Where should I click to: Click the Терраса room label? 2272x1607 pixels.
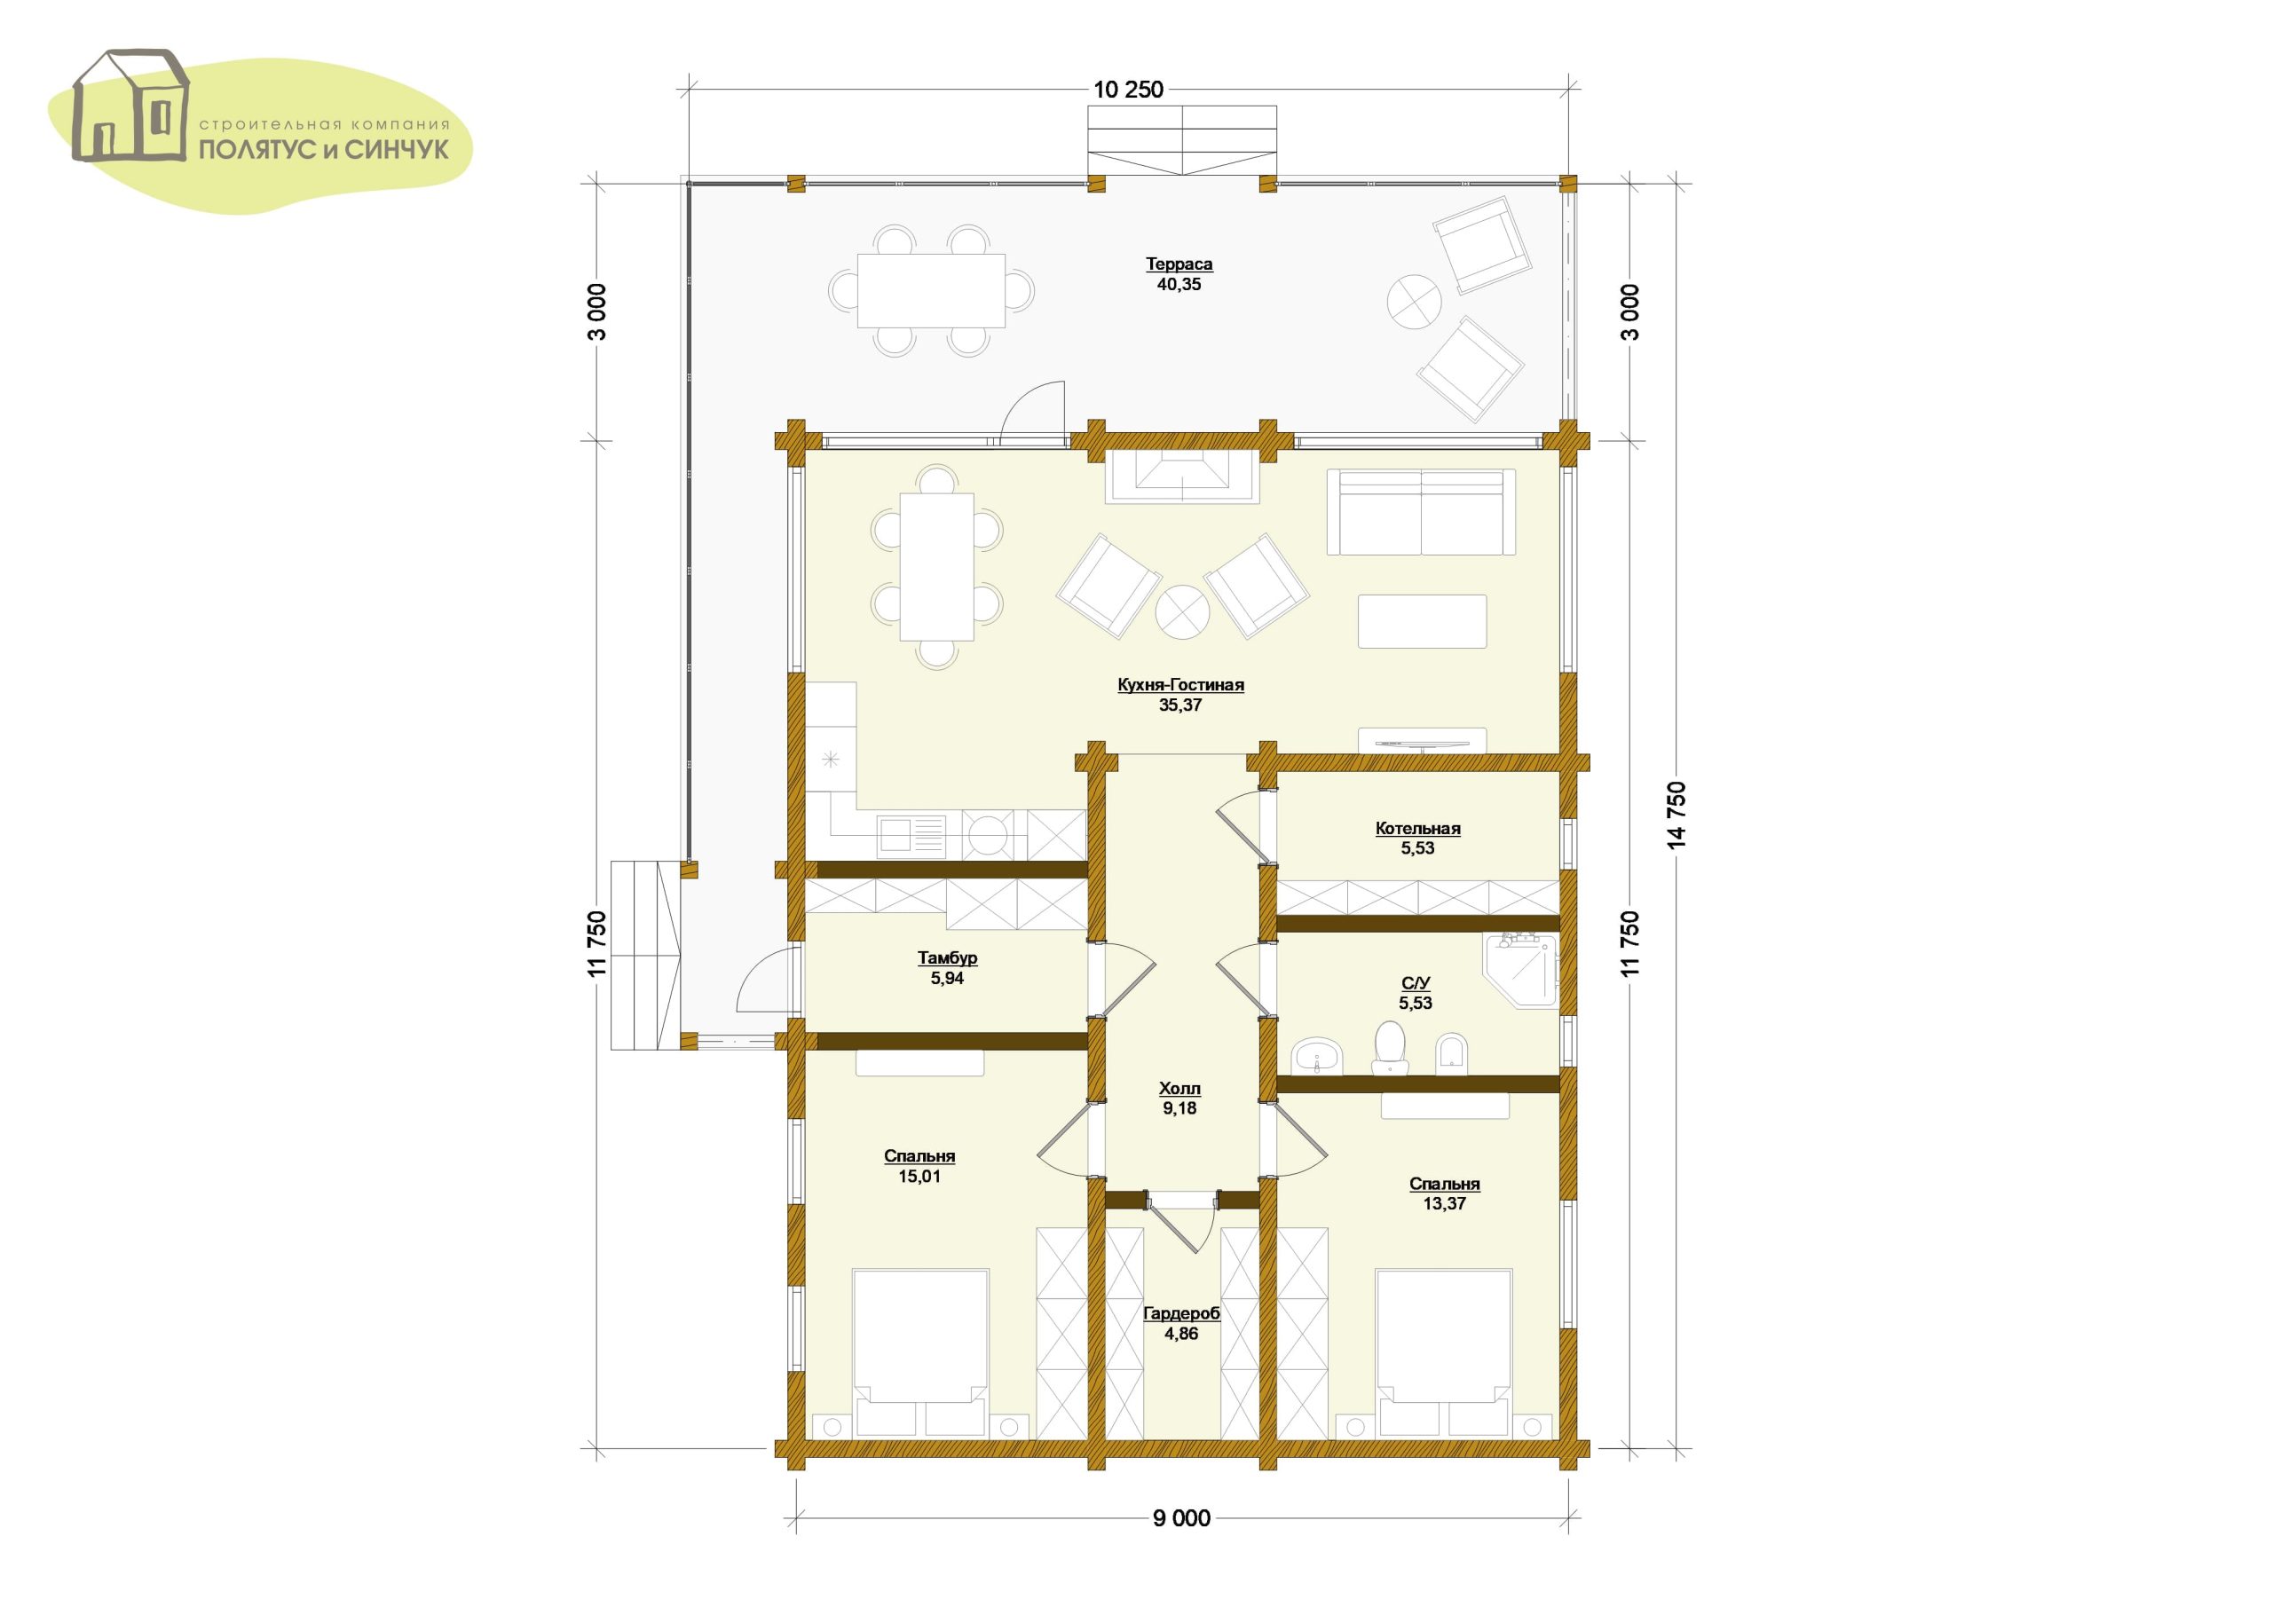(1179, 264)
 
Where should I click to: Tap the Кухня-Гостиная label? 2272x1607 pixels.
(1180, 685)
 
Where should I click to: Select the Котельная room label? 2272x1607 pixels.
(1417, 829)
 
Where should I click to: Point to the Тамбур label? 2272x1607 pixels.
(947, 957)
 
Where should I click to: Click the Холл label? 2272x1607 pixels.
(1179, 1089)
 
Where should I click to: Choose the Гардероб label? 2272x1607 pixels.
(1181, 1313)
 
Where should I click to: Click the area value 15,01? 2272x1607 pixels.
(919, 1177)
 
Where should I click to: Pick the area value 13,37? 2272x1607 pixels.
(1444, 1204)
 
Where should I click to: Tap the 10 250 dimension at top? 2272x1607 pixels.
(1128, 90)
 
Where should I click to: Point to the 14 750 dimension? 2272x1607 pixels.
(1676, 815)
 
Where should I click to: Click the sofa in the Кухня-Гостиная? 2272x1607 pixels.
(1421, 513)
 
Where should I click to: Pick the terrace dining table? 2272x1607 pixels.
(931, 291)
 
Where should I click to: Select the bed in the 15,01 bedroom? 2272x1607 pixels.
(920, 1355)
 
